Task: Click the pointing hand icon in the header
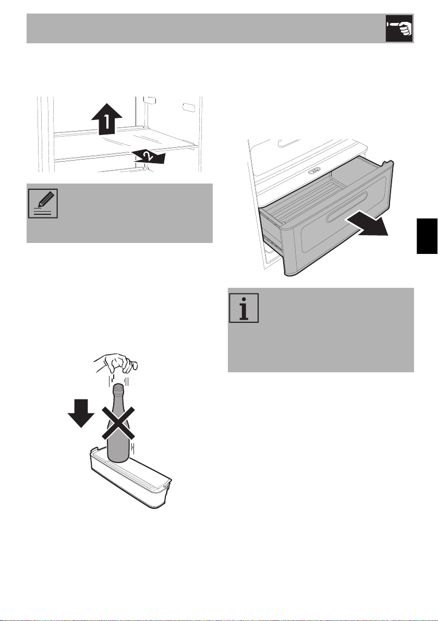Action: [x=399, y=29]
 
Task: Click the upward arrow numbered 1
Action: [x=106, y=118]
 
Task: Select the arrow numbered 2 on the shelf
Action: [x=149, y=156]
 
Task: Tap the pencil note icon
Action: [x=43, y=203]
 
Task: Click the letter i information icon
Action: [x=244, y=308]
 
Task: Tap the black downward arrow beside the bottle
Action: [x=81, y=413]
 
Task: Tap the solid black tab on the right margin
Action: [x=427, y=236]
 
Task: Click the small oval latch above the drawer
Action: [x=314, y=171]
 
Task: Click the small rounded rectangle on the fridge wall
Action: [x=189, y=107]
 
